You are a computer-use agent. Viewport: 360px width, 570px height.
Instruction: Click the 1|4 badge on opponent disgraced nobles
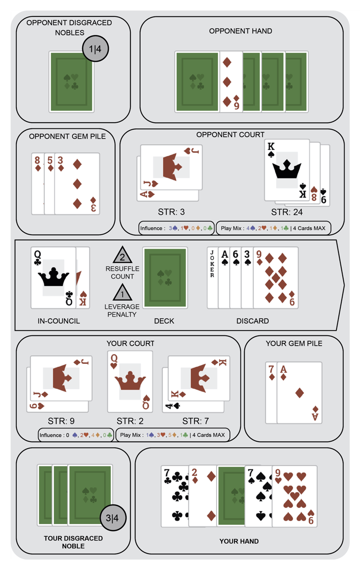(96, 49)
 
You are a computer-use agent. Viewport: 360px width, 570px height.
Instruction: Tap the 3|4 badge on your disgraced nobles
(112, 518)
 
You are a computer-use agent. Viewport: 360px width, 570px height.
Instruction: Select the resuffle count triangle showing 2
(122, 255)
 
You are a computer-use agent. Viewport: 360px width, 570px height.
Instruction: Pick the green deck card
(165, 278)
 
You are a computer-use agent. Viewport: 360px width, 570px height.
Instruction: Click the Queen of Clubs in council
(53, 278)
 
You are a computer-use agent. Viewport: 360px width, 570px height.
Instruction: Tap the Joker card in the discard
(213, 278)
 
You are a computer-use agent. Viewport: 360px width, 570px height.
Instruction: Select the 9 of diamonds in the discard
(276, 278)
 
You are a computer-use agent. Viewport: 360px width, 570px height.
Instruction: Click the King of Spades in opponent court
(287, 170)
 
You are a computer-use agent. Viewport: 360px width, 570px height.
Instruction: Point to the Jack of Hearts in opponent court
(172, 167)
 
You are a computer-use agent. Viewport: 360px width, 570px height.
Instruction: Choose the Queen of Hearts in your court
(130, 381)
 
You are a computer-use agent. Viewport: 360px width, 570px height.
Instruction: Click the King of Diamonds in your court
(199, 378)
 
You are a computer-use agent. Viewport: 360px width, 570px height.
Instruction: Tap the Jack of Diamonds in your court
(61, 378)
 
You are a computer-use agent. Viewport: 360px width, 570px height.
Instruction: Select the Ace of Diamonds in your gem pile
(300, 392)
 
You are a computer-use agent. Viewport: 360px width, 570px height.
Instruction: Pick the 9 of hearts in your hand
(294, 496)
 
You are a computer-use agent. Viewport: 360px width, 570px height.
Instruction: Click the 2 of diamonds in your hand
(202, 496)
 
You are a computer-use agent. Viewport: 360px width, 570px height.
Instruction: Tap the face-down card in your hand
(231, 496)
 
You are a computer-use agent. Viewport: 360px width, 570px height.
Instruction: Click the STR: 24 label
(287, 212)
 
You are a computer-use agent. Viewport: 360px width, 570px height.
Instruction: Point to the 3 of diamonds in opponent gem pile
(77, 184)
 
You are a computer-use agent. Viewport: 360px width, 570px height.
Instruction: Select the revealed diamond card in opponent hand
(231, 81)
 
